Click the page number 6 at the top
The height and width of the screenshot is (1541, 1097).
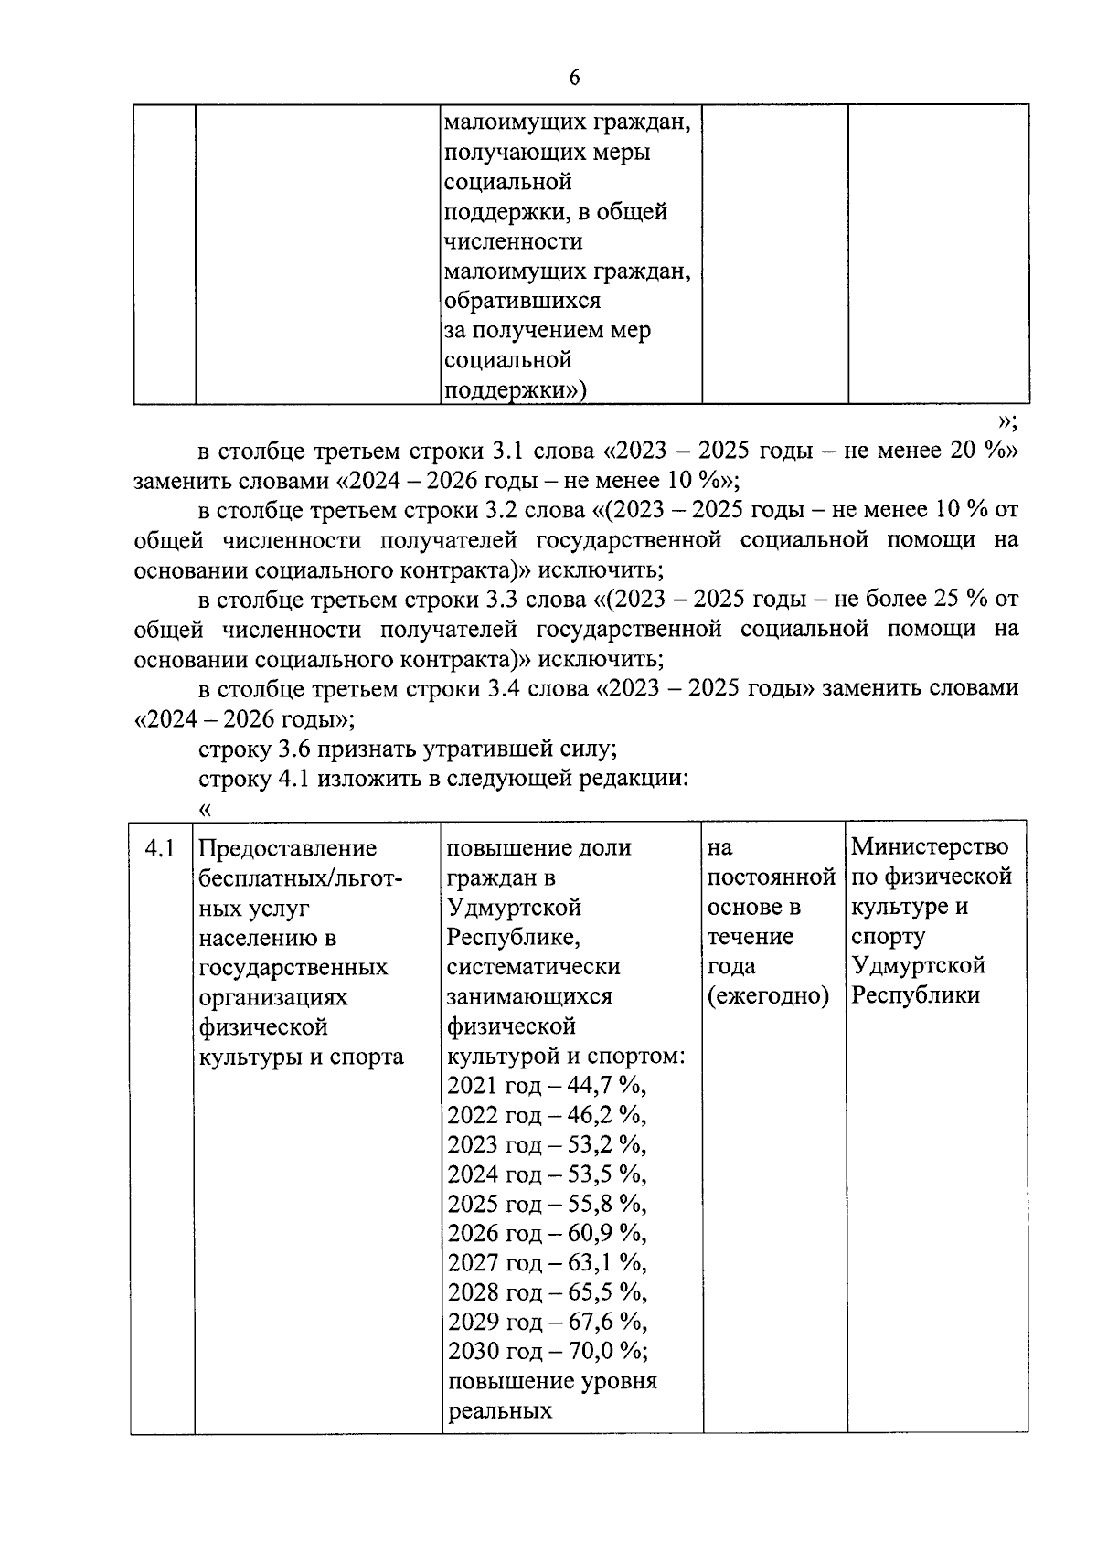click(574, 78)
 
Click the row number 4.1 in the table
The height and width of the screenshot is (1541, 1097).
click(160, 848)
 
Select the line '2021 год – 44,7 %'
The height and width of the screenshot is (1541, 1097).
click(546, 1086)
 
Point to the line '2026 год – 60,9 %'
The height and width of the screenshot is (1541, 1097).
click(546, 1234)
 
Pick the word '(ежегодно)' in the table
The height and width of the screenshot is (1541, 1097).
click(768, 996)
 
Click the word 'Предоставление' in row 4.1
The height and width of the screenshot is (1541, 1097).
click(287, 848)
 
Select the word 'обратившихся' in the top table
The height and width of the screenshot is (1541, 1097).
click(522, 301)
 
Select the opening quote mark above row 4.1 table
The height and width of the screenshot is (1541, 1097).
click(205, 808)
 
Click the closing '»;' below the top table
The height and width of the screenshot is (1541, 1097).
click(1007, 421)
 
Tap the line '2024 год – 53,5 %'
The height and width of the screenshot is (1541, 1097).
click(546, 1174)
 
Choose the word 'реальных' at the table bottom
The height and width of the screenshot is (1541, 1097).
click(500, 1410)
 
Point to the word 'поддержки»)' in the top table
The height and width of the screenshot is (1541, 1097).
click(515, 390)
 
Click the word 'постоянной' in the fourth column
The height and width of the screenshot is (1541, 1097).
click(771, 877)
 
